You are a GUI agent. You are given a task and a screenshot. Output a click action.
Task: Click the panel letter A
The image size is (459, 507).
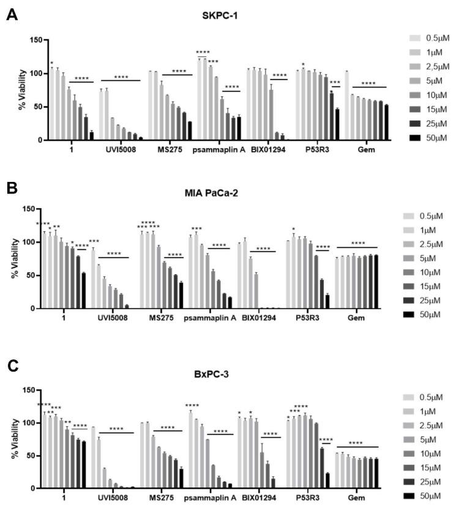11,14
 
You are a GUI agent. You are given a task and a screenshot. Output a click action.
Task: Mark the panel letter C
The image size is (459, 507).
11,366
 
